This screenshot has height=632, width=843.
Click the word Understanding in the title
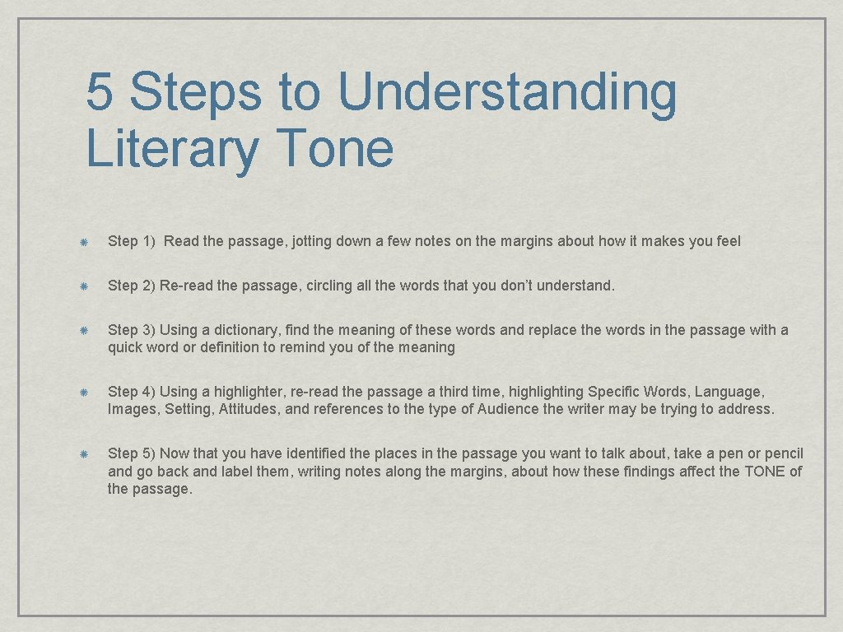point(507,92)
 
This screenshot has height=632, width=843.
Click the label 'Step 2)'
point(131,286)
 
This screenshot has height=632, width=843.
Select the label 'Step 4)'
point(131,392)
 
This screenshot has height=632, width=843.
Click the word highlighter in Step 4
point(252,392)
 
